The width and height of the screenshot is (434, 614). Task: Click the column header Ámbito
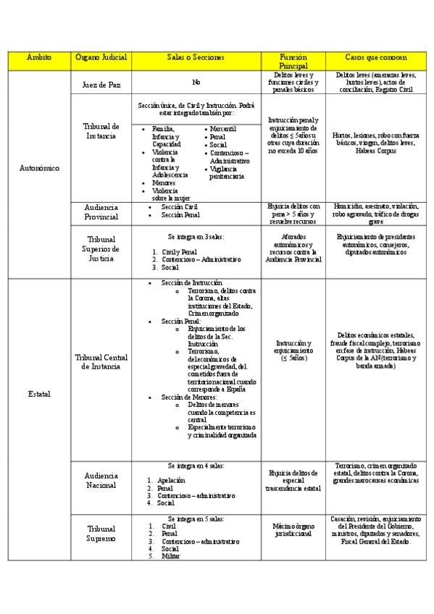coord(38,56)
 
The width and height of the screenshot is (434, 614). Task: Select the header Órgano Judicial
coord(101,56)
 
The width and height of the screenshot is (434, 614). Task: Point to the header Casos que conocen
coord(372,56)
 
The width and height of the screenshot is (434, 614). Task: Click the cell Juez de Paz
coord(101,84)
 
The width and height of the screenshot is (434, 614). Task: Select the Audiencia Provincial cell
coord(101,213)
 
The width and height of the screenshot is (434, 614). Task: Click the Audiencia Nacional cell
coord(101,480)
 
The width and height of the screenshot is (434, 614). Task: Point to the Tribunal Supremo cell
coord(101,534)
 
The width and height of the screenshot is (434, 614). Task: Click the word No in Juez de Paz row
coord(196,83)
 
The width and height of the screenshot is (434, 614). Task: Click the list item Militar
coord(172,556)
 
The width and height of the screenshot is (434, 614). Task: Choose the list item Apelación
coord(174,480)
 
